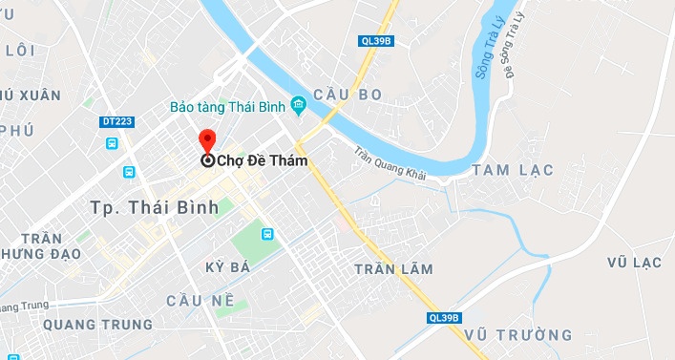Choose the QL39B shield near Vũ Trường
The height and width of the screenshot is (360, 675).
pyautogui.click(x=444, y=318)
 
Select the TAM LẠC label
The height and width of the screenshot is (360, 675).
pyautogui.click(x=506, y=170)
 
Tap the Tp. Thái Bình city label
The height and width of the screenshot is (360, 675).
pyautogui.click(x=154, y=207)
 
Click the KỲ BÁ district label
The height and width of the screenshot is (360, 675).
pyautogui.click(x=227, y=267)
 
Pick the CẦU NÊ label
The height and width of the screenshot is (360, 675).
pyautogui.click(x=200, y=300)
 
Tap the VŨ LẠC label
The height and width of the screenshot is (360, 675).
pyautogui.click(x=634, y=262)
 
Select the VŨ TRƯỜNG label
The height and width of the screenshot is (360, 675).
pyautogui.click(x=519, y=335)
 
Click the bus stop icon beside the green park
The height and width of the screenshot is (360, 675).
pyautogui.click(x=268, y=233)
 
